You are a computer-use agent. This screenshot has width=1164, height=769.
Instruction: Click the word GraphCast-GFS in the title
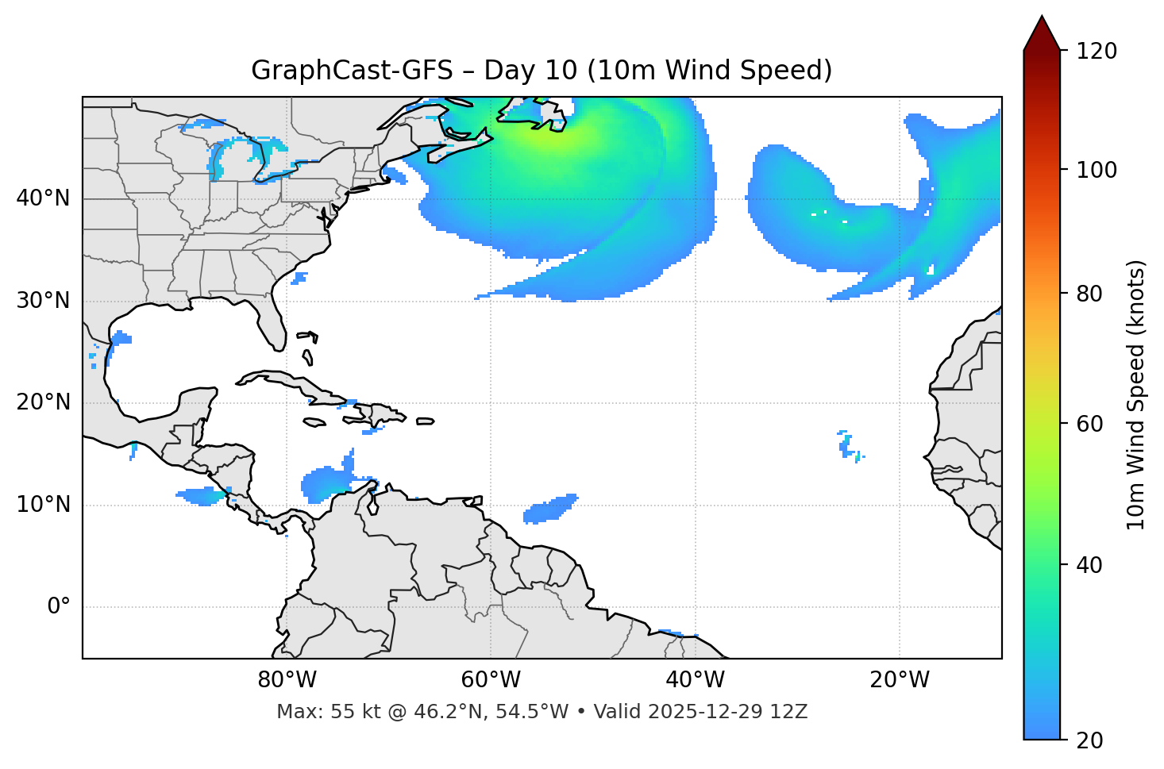tap(352, 71)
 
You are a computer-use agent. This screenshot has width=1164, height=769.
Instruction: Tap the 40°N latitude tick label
tap(43, 198)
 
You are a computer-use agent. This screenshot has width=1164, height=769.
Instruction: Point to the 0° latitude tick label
tap(58, 607)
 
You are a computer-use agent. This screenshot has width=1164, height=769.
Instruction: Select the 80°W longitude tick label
tap(287, 680)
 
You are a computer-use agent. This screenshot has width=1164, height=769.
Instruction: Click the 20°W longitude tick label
tap(900, 680)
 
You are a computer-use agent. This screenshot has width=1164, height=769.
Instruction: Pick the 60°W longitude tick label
tap(491, 680)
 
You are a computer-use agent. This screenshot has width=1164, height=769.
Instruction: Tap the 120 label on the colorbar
tap(1097, 52)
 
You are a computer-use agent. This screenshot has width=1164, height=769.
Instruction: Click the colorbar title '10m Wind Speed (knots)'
tap(1136, 394)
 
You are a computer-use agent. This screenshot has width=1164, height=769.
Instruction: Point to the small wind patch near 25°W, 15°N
tap(847, 446)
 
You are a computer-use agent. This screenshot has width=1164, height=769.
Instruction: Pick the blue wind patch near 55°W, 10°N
tap(549, 509)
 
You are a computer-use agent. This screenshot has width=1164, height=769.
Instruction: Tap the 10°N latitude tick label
tap(43, 505)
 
